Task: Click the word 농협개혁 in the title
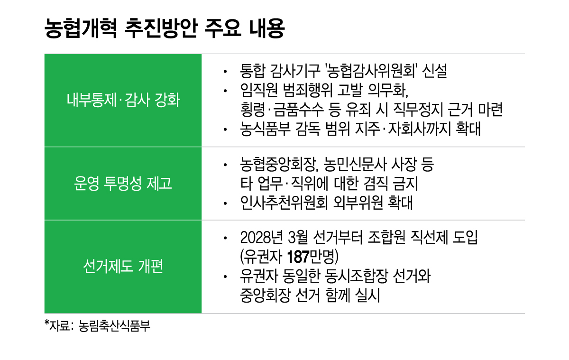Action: tap(81, 28)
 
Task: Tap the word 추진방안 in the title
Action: tap(161, 28)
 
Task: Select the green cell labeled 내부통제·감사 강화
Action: tap(123, 100)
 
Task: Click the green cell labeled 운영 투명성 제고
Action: tap(123, 184)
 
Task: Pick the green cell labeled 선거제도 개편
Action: tap(123, 267)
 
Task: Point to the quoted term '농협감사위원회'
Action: tap(371, 71)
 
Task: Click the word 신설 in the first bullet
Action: tap(435, 71)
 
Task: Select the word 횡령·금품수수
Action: tap(282, 110)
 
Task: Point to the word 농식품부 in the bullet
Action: tap(266, 129)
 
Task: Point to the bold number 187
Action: tap(298, 257)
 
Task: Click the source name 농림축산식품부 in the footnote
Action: tap(114, 326)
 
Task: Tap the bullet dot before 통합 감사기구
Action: tap(225, 72)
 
